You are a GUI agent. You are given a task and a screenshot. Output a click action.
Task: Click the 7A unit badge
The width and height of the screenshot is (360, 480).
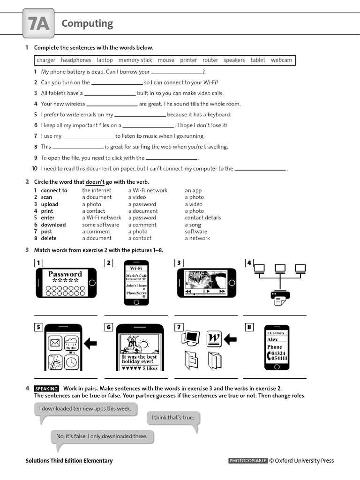tap(38, 24)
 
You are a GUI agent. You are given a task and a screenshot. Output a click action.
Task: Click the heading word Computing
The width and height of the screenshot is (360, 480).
tap(87, 23)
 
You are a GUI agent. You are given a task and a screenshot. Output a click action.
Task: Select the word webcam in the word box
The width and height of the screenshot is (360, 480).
tap(281, 60)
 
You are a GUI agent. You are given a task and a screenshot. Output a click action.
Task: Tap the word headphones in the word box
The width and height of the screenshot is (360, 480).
tap(76, 60)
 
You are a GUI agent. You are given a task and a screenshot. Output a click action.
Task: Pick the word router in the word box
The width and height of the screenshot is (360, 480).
tap(210, 60)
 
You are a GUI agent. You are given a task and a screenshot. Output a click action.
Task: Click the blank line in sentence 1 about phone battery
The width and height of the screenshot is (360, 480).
tap(177, 72)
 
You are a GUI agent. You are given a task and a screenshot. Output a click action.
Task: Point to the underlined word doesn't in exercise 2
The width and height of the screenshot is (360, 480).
tap(95, 182)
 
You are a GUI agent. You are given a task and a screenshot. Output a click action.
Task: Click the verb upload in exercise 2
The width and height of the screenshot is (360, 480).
tap(50, 204)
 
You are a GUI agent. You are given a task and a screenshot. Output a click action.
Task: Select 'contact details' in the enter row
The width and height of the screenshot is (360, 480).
tap(202, 217)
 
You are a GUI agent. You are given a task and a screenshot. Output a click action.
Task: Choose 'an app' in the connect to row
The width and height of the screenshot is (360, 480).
tap(193, 190)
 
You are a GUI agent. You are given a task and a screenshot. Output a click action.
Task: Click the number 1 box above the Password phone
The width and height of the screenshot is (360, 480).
tap(38, 263)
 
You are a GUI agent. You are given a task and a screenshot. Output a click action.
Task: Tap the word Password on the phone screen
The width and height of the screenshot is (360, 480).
tap(65, 274)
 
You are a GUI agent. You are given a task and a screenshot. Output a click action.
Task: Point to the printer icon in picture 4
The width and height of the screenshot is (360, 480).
tap(280, 297)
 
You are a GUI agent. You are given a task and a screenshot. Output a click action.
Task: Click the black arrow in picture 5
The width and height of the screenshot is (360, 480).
tap(90, 344)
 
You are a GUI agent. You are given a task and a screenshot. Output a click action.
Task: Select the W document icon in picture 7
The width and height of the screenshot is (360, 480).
tap(214, 337)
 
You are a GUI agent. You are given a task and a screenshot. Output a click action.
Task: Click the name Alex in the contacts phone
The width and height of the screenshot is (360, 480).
tap(272, 339)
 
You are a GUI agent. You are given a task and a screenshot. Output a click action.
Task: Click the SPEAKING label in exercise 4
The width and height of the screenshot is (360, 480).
tap(46, 389)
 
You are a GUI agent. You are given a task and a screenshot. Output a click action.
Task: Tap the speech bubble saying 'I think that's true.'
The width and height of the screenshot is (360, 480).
tap(172, 417)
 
